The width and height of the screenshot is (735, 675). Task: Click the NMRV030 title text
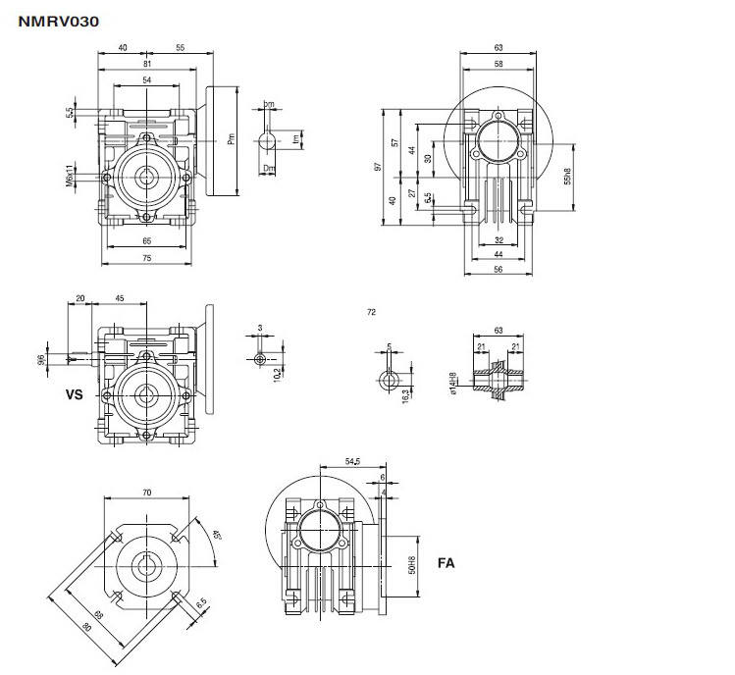58,19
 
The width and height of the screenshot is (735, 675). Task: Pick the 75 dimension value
146,259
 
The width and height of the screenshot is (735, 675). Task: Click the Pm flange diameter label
232,140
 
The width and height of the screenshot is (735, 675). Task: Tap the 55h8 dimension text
568,178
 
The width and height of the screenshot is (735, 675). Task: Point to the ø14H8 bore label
453,384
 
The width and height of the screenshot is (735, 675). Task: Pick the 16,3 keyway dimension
406,393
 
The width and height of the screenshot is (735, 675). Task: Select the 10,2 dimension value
278,372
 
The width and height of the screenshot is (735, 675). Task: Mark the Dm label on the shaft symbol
268,168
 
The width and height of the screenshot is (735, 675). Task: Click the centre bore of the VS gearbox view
147,395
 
